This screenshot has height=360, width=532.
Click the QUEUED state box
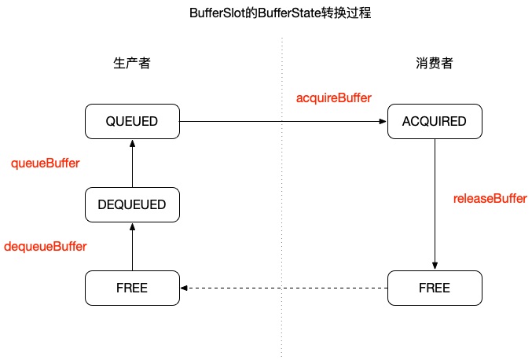click(132, 121)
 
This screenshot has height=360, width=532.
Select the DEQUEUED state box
click(132, 204)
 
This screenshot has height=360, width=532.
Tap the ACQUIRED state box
click(434, 121)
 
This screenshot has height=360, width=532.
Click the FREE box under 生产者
click(132, 288)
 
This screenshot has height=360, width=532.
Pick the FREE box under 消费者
click(434, 288)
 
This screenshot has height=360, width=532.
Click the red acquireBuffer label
click(333, 97)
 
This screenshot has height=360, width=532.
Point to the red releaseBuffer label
click(490, 198)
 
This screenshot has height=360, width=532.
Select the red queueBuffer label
click(46, 163)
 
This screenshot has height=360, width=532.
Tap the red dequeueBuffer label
click(46, 246)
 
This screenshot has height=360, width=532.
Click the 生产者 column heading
click(132, 64)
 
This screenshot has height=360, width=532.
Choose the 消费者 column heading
click(434, 64)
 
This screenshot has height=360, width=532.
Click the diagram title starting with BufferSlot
click(266, 13)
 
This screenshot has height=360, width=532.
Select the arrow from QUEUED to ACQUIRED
click(283, 121)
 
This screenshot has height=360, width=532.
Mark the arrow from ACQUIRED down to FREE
click(434, 204)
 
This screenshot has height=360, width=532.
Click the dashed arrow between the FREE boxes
click(283, 288)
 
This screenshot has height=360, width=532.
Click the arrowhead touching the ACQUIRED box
click(383, 121)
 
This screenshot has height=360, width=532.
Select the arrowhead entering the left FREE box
click(185, 288)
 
